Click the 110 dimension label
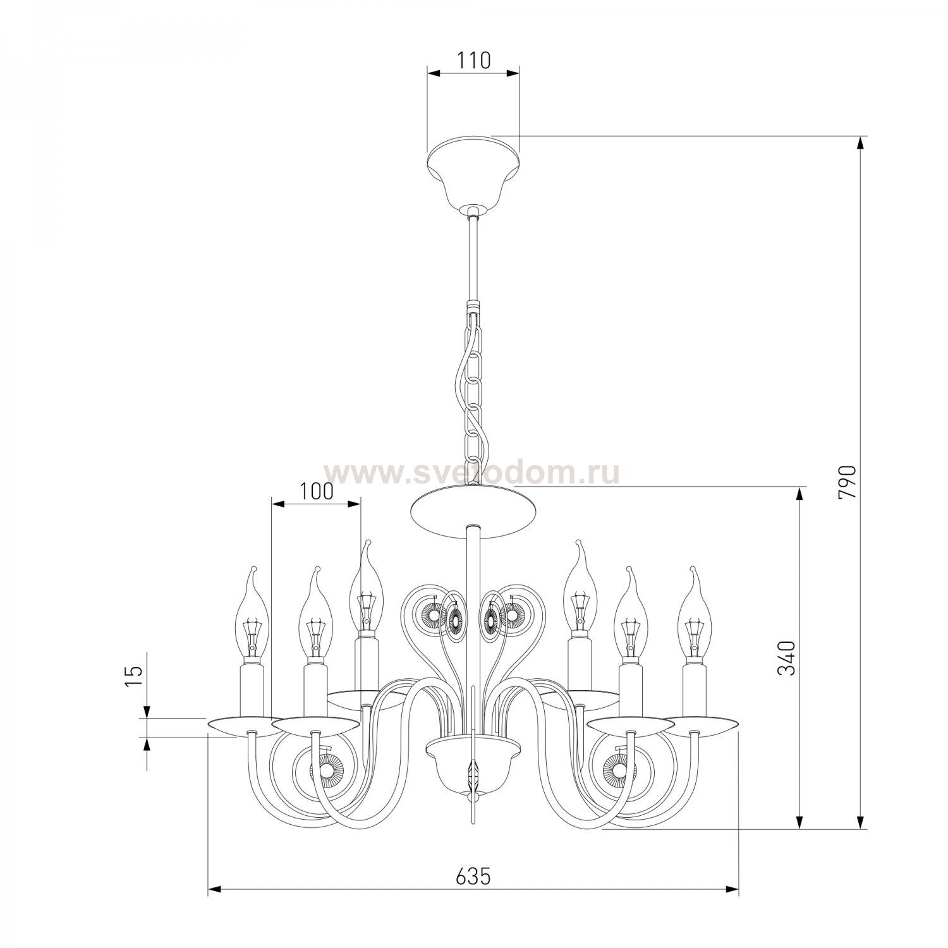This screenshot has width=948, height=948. [x=473, y=61]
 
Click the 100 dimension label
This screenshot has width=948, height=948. [x=315, y=491]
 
